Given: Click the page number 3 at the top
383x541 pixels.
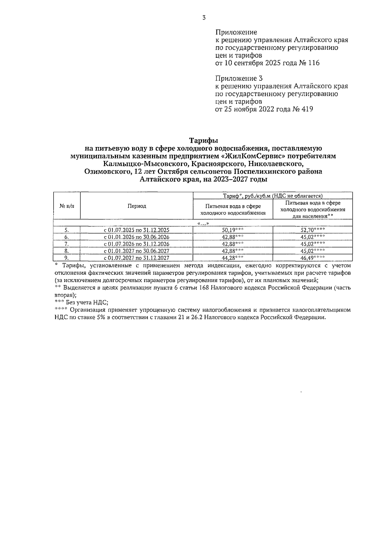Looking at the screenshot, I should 204,18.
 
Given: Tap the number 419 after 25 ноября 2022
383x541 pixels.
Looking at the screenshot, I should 307,109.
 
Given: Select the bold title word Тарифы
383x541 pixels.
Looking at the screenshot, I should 203,141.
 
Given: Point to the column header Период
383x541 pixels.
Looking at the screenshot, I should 137,206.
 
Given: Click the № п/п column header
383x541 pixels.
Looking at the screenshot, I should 67,206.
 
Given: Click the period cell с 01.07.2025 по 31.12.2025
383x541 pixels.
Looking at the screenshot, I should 137,230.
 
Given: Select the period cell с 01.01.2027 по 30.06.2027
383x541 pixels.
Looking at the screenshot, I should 137,251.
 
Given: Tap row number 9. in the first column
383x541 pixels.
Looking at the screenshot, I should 67,258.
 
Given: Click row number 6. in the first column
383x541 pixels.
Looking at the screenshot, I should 67,237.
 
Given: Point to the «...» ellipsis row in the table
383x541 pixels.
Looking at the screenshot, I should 203,223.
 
